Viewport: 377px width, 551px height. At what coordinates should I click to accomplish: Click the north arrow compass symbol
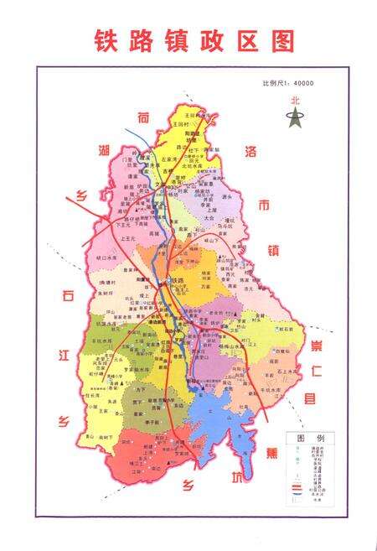coord(294,117)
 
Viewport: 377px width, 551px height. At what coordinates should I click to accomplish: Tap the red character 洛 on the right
coord(249,152)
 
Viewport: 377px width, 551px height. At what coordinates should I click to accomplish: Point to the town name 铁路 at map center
coord(176,280)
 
